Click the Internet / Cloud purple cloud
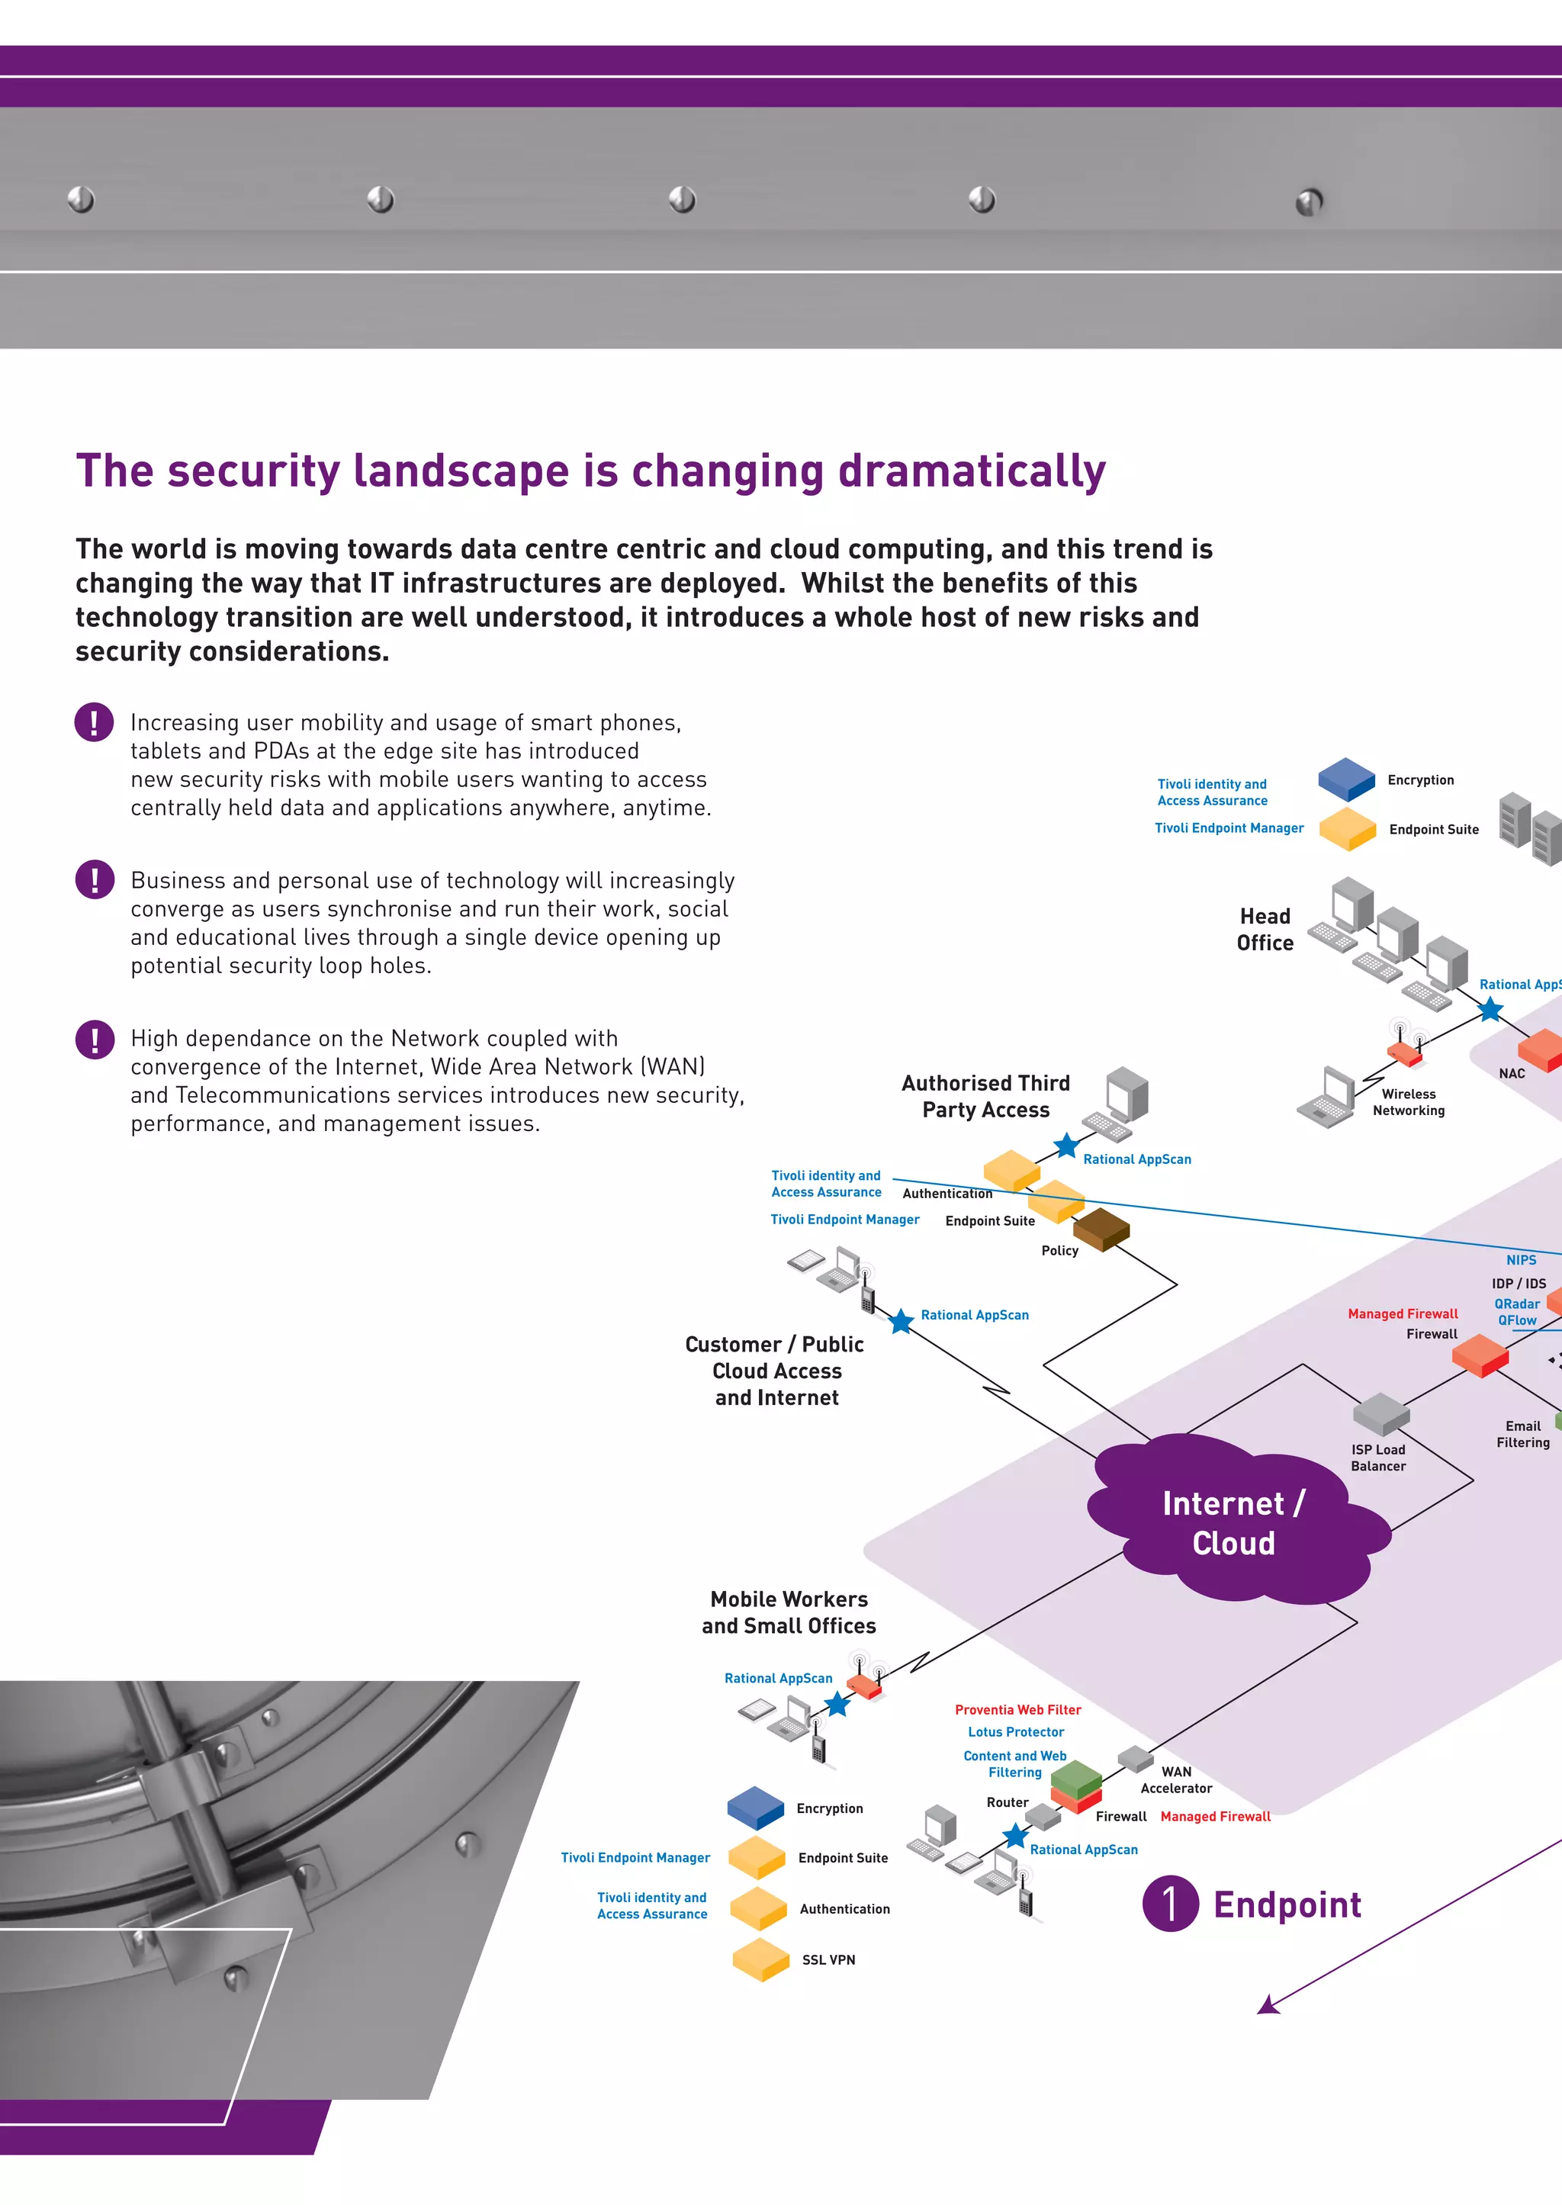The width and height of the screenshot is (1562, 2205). pos(1233,1522)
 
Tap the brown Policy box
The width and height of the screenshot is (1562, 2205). pos(1101,1228)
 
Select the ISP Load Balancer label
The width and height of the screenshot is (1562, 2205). pos(1377,1457)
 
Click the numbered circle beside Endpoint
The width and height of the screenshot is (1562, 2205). pos(1169,1903)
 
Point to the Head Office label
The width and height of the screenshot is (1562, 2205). pos(1265,929)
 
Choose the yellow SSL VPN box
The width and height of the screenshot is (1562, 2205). pos(761,1959)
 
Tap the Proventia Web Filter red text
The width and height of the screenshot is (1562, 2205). pos(1017,1708)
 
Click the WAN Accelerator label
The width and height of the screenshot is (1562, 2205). pos(1175,1779)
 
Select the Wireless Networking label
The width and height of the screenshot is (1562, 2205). pos(1408,1102)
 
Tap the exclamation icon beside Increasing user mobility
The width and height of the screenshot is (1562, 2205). pos(95,722)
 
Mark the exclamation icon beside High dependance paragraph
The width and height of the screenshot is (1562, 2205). pos(95,1039)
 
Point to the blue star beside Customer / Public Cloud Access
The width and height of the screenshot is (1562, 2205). pos(900,1321)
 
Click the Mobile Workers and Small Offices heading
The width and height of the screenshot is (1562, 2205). pos(789,1612)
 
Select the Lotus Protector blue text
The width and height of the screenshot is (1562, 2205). pos(1016,1731)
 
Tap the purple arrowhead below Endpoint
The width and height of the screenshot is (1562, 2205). pos(1268,2005)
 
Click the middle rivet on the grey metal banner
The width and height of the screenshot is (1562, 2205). pos(682,199)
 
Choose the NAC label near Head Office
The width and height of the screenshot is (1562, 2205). pos(1511,1073)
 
